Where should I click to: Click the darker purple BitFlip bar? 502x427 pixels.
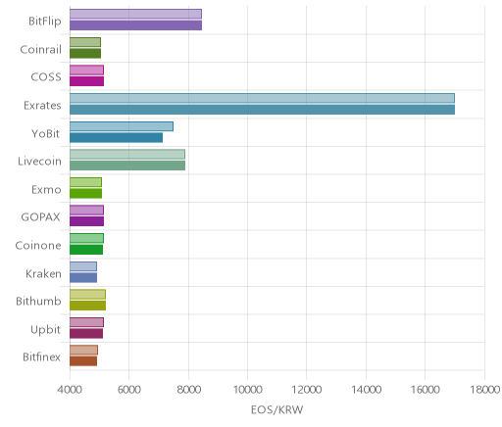click(x=135, y=25)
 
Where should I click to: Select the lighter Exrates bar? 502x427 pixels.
click(x=262, y=98)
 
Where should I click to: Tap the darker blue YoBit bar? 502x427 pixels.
click(x=116, y=138)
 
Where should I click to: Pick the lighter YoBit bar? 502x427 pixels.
click(x=122, y=126)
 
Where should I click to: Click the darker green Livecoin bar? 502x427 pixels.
click(x=127, y=166)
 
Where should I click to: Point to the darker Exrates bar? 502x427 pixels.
click(x=262, y=110)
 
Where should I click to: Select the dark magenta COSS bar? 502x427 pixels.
click(x=86, y=81)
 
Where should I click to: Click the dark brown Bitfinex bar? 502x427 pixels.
click(x=83, y=361)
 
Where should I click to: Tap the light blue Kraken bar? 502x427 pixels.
click(x=83, y=266)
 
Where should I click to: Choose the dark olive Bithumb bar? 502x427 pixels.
click(x=87, y=306)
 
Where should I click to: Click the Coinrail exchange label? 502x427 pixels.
click(x=40, y=50)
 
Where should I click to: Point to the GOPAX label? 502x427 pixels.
click(x=40, y=217)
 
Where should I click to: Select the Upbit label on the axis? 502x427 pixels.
click(x=45, y=329)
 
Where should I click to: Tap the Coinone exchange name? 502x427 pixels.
click(x=38, y=245)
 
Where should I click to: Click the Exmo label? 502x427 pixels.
click(x=46, y=189)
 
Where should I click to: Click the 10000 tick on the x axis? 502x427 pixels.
click(x=247, y=390)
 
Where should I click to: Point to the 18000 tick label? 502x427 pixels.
click(x=485, y=390)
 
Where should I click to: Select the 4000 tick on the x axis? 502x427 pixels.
click(x=70, y=390)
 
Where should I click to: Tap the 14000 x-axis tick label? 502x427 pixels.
click(x=366, y=390)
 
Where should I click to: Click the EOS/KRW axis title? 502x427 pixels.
click(x=276, y=409)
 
